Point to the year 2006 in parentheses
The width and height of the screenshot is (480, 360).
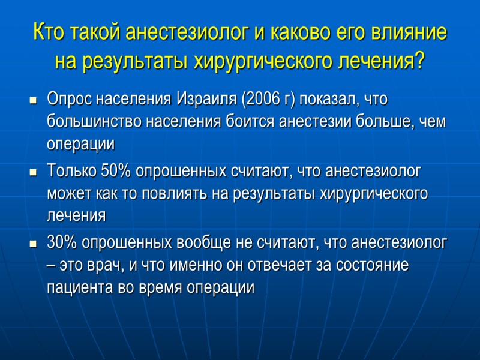click(x=260, y=98)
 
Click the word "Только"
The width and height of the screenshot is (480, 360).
click(x=68, y=171)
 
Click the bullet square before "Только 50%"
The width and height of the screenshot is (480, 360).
click(x=34, y=172)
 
